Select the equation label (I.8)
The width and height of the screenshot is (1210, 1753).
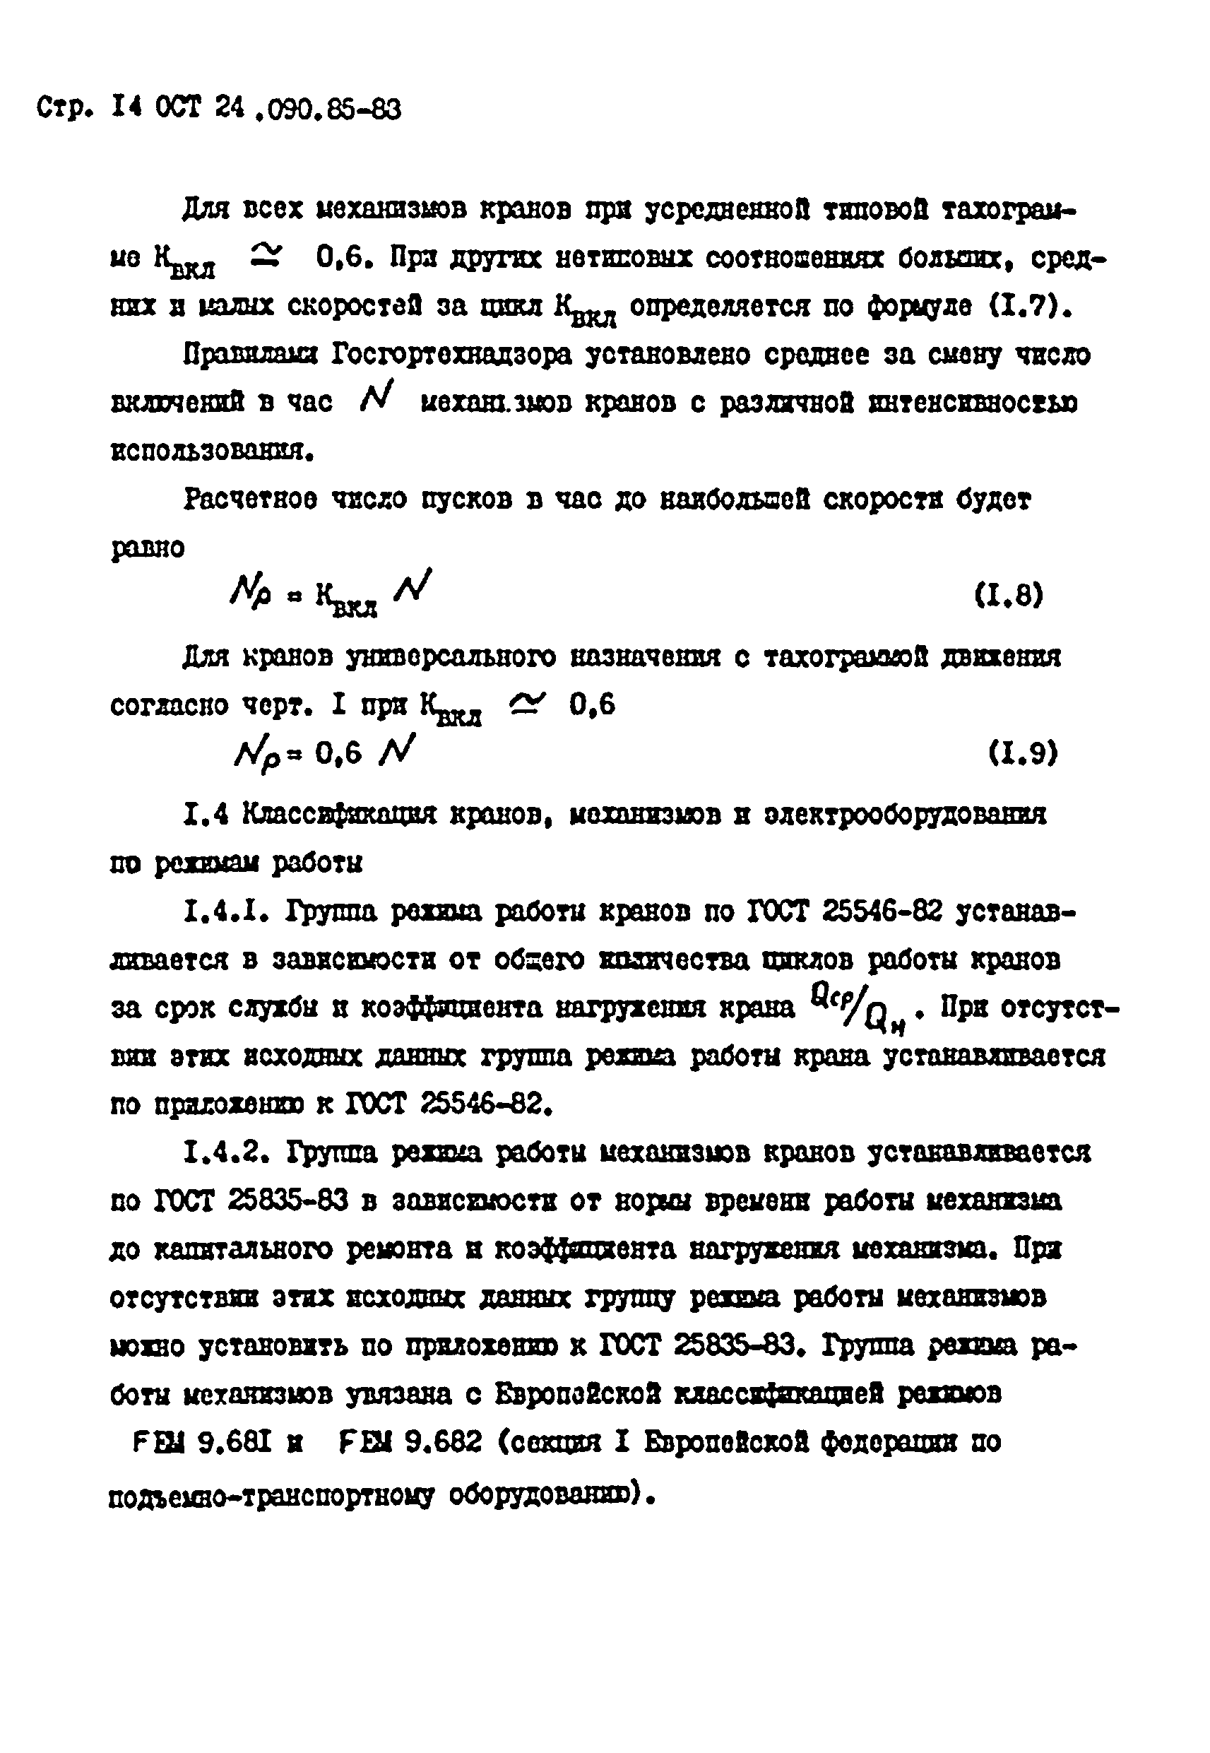click(x=1009, y=594)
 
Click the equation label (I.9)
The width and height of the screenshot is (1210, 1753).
click(x=1023, y=753)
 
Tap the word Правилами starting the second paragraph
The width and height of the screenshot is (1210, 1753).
click(x=249, y=354)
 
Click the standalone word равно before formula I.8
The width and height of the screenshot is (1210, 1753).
click(x=148, y=547)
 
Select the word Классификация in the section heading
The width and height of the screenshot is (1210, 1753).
click(x=340, y=815)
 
